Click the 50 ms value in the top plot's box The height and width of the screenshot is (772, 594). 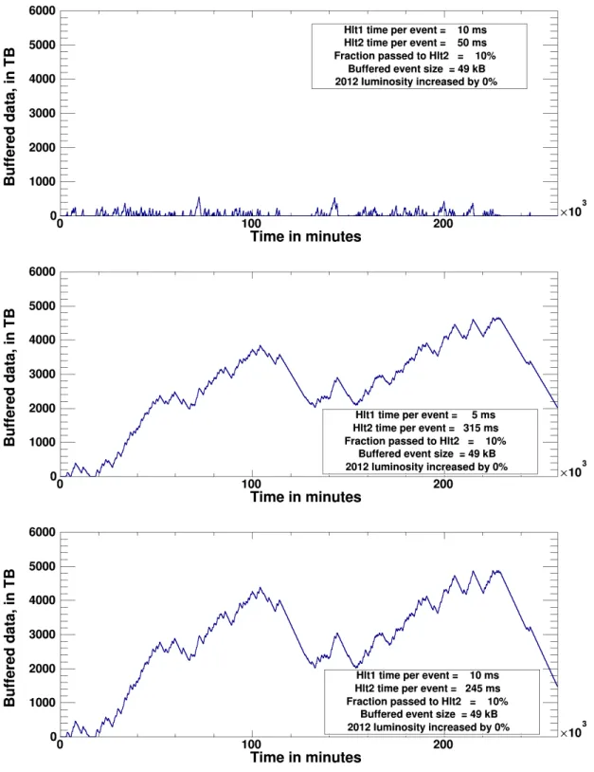point(472,43)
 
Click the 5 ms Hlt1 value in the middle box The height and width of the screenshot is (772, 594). point(483,415)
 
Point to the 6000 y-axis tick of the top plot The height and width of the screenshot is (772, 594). point(43,10)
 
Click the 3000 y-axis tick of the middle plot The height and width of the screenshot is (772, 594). point(43,374)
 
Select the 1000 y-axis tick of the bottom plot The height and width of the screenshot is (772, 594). point(43,703)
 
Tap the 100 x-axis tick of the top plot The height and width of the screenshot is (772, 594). point(251,224)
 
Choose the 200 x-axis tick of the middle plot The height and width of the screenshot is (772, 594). point(443,484)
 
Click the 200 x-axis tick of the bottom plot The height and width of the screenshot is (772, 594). point(443,744)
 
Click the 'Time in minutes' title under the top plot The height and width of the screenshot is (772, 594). point(306,236)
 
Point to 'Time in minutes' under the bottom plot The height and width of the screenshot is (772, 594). point(306,757)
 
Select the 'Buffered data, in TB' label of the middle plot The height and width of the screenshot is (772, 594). point(9,377)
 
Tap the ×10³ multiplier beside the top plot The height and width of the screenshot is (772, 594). point(573,210)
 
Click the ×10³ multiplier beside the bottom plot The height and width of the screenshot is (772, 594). point(573,730)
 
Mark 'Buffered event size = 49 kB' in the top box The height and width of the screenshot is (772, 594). point(417,69)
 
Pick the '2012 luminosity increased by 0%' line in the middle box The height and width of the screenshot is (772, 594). point(426,467)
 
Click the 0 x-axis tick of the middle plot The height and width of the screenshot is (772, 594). point(60,484)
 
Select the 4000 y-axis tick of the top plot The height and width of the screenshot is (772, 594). point(43,79)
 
